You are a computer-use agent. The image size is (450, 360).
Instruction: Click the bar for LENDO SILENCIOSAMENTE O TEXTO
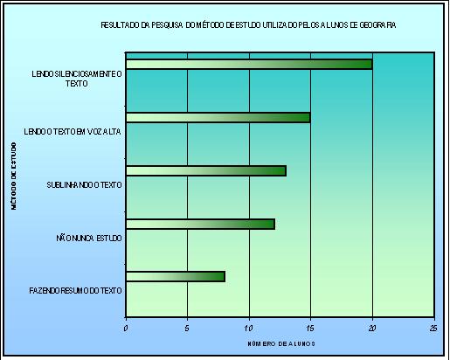point(249,64)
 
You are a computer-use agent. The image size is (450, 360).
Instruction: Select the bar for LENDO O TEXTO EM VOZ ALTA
point(218,117)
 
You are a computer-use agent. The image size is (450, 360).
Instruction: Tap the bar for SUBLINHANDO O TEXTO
point(205,170)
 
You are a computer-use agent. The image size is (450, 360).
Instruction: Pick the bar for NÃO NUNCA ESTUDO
point(200,224)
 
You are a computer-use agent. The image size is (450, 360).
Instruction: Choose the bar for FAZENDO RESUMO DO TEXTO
point(175,277)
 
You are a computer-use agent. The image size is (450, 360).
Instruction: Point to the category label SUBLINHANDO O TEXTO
point(84,184)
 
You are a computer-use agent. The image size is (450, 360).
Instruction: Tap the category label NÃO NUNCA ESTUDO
point(88,237)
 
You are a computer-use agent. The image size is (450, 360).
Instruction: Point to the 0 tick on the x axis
point(126,328)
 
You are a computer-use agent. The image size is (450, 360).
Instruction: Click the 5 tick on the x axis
point(187,328)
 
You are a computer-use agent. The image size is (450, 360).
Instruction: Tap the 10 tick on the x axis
point(249,328)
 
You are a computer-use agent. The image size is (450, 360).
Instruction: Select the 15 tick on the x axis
point(310,328)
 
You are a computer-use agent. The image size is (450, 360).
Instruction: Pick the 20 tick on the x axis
point(372,328)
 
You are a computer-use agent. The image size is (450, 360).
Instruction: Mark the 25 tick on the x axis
point(433,328)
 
